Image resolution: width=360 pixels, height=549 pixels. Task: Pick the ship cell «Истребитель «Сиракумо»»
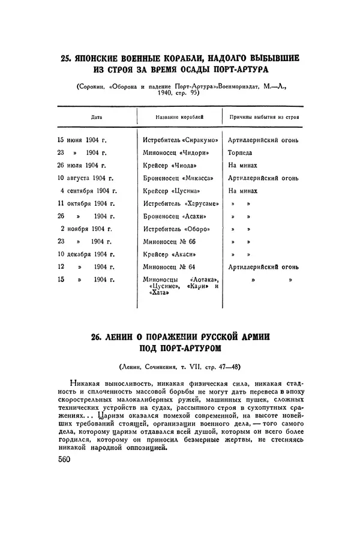178,140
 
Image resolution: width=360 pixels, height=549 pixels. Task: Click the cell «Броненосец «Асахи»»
174,216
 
